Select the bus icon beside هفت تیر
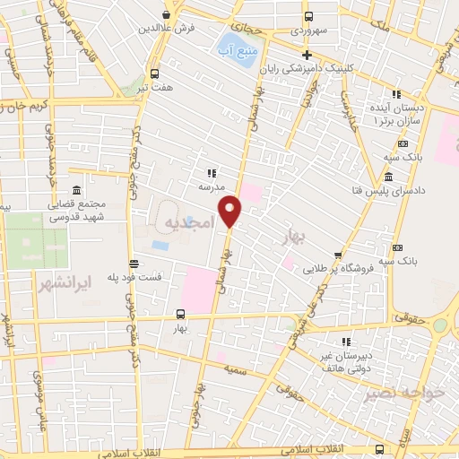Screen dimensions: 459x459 click(154, 74)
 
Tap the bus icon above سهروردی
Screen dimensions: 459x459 click(308, 16)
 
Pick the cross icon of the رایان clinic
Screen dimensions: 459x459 click(307, 55)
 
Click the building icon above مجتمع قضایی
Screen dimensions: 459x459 click(75, 192)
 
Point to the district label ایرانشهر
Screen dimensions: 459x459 click(67, 284)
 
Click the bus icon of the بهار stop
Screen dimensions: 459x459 click(181, 315)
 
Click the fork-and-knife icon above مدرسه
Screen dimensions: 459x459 click(212, 173)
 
